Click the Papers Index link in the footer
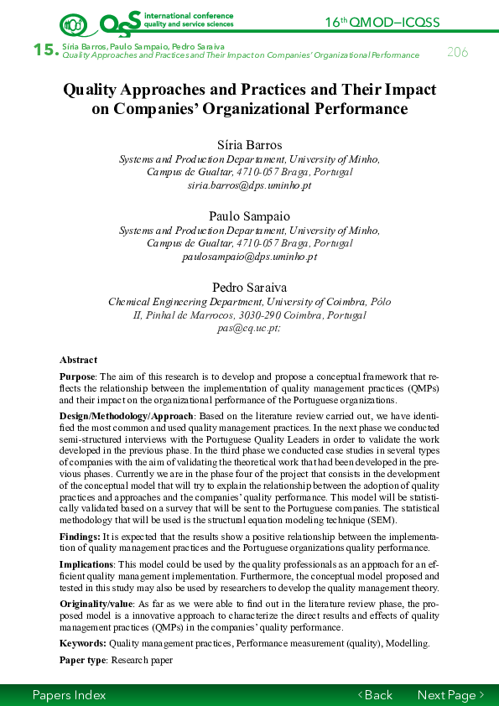tap(69, 695)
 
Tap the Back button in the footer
tap(375, 695)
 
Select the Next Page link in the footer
tap(451, 695)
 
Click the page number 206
tap(457, 52)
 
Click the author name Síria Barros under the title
tap(249, 145)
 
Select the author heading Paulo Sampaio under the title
tap(249, 215)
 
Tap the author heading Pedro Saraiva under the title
tap(249, 287)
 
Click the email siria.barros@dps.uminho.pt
tap(249, 185)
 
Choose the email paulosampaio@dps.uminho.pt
tap(249, 257)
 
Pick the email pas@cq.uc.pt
tap(249, 329)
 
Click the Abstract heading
tap(78, 360)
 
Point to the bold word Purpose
tap(77, 377)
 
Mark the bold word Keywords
tap(83, 643)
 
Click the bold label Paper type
tap(83, 660)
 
